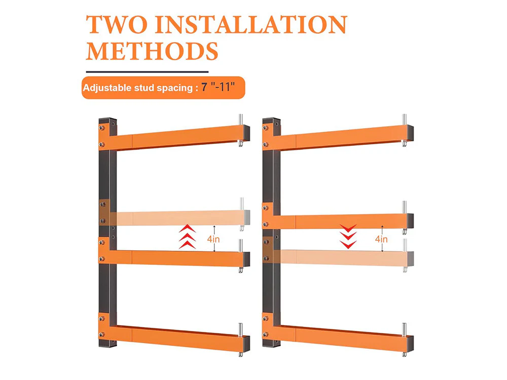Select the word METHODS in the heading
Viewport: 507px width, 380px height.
152,51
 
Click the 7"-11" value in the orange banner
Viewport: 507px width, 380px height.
218,87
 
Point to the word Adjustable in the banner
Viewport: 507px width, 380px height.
107,88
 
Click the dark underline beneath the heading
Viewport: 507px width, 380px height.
147,72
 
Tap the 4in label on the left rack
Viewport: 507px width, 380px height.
213,239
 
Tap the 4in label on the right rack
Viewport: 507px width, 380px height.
381,239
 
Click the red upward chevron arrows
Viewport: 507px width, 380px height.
187,237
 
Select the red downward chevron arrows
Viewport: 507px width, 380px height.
348,237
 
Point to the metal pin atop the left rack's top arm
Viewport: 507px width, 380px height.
241,120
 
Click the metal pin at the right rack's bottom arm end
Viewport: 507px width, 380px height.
405,330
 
